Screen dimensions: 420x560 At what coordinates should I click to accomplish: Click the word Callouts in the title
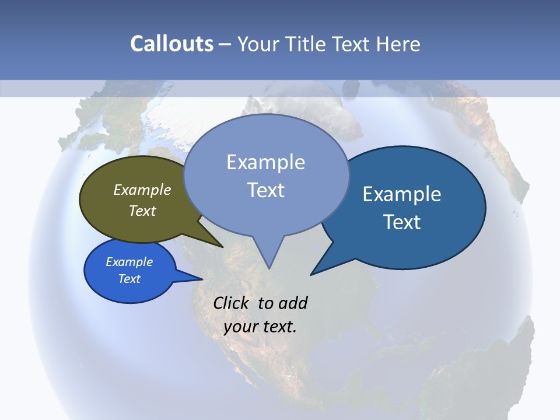coord(171,44)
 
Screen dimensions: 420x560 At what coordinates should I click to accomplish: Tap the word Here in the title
coord(398,44)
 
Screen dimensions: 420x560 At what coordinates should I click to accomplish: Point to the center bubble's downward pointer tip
coord(268,268)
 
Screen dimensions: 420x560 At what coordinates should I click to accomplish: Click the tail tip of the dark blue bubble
coord(311,274)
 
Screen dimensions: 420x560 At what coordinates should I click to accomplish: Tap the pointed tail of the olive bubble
coord(222,247)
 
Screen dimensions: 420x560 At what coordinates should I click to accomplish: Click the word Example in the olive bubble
coord(142,190)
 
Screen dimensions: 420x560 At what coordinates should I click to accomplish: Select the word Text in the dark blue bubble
coord(402,222)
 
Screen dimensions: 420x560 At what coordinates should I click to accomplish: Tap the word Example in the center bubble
coord(265,162)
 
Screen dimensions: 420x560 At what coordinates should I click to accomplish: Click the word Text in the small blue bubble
coord(129,279)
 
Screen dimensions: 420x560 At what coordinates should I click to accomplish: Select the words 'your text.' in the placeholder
coord(260,327)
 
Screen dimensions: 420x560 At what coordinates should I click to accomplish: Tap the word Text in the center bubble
coord(266,190)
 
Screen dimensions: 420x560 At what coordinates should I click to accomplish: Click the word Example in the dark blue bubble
coord(402,194)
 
